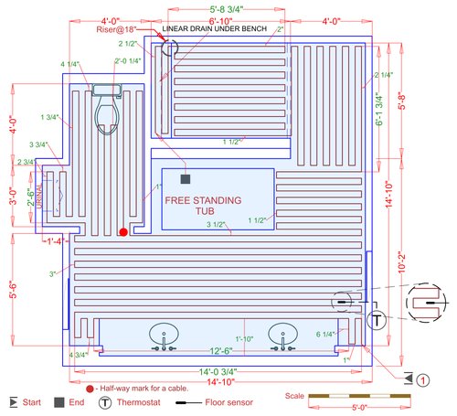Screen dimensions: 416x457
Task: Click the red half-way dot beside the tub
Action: click(122, 232)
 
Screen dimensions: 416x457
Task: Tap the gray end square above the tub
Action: click(186, 179)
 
